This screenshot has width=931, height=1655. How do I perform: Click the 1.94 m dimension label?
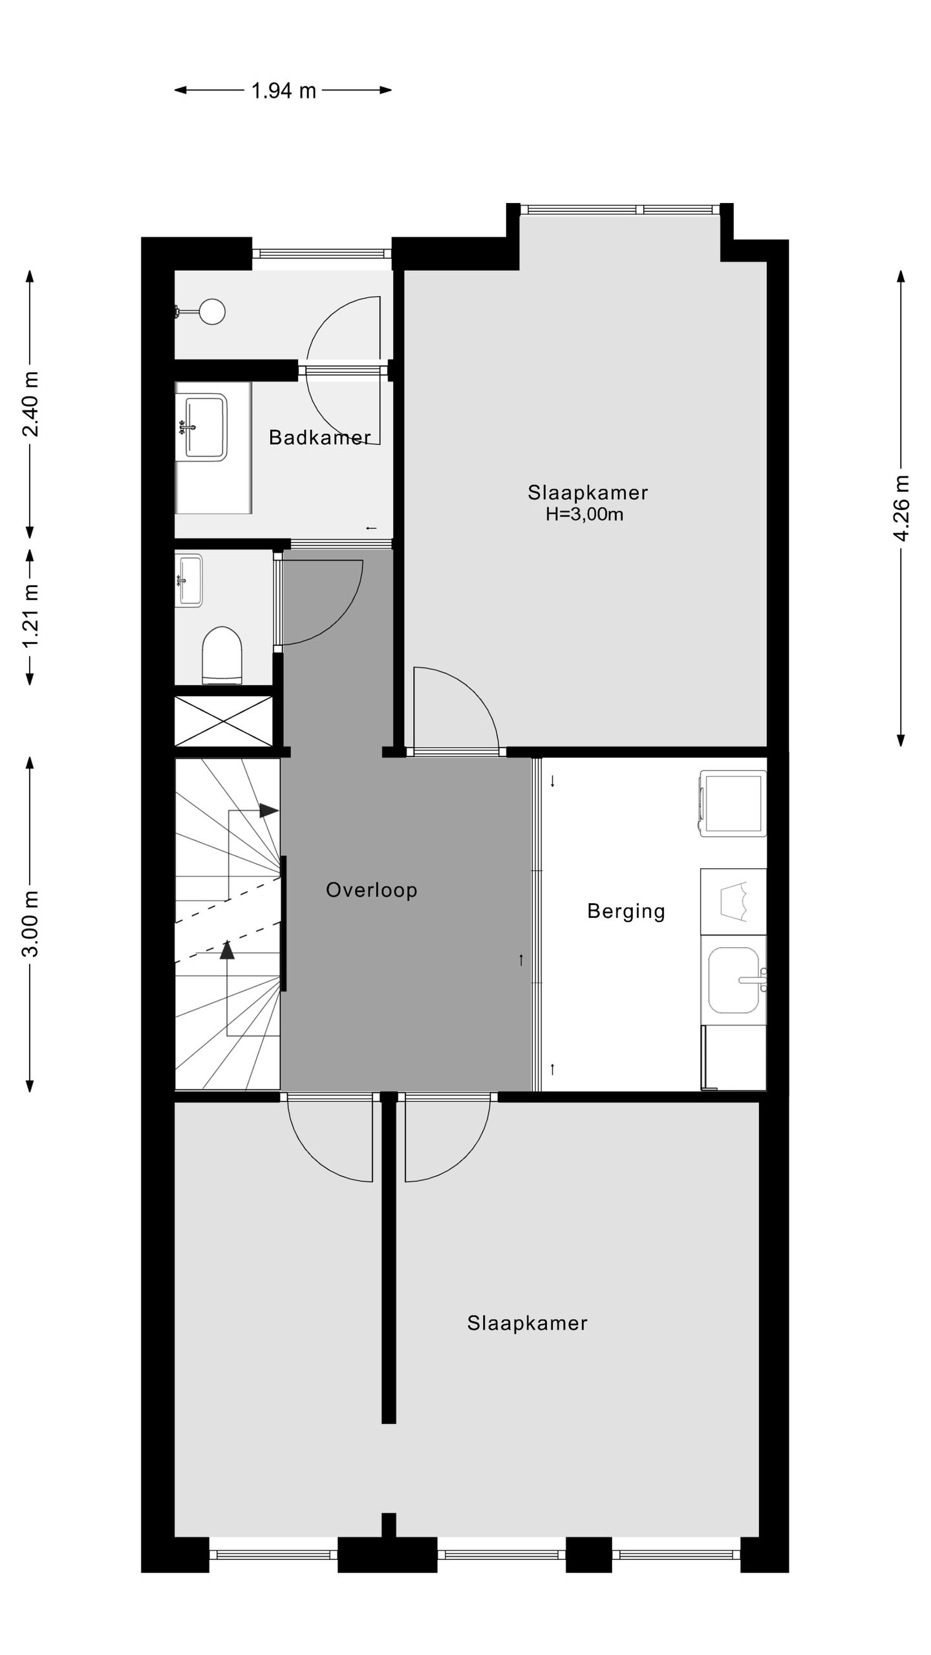point(283,91)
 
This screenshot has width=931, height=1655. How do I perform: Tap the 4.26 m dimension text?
point(901,509)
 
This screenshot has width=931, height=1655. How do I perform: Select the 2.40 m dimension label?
point(30,404)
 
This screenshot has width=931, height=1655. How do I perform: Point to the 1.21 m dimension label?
point(30,615)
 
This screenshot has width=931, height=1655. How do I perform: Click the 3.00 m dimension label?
point(30,923)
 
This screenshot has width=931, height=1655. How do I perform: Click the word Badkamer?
point(319,438)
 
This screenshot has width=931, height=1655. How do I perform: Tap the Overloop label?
point(371,890)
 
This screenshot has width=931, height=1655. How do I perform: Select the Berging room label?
point(626,912)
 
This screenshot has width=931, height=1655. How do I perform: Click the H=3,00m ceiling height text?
point(584,515)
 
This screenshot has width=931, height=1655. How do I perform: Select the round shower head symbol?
point(212,312)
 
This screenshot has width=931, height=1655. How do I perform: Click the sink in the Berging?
point(734,980)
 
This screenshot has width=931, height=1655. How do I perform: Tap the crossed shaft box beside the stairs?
point(224,721)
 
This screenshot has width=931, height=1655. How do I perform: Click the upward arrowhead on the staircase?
point(226,950)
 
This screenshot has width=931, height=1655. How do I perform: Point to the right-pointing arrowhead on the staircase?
point(268,810)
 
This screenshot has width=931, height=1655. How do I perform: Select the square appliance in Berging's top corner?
point(733,803)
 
